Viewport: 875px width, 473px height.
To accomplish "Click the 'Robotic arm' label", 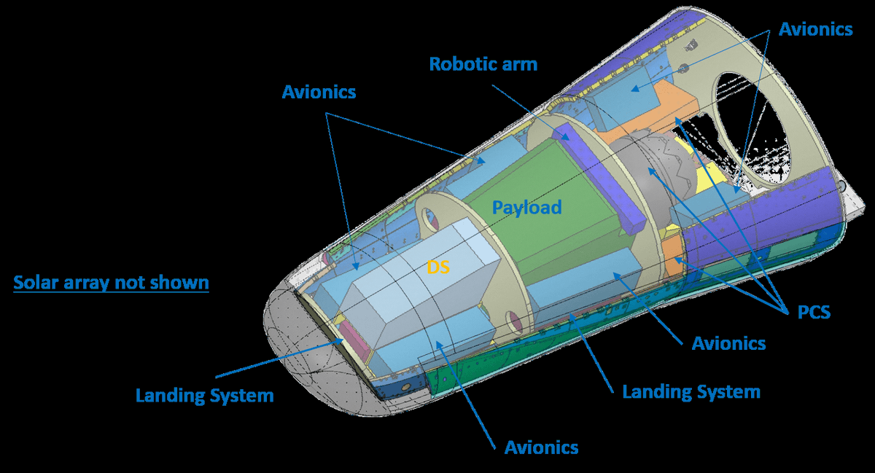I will tap(483, 64).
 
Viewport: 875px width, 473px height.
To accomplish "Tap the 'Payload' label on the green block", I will tap(526, 208).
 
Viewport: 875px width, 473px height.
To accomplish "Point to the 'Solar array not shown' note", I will tap(111, 282).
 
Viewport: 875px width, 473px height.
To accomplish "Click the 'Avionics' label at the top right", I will tap(815, 29).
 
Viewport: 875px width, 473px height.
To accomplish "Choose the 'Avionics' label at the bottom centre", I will tap(541, 447).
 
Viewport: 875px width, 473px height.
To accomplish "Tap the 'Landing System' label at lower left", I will tap(204, 396).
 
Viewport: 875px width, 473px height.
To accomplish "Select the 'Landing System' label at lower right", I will tap(691, 391).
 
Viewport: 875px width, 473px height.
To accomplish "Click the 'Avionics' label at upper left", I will tap(319, 92).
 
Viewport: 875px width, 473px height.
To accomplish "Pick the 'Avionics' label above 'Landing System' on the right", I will tap(728, 343).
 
